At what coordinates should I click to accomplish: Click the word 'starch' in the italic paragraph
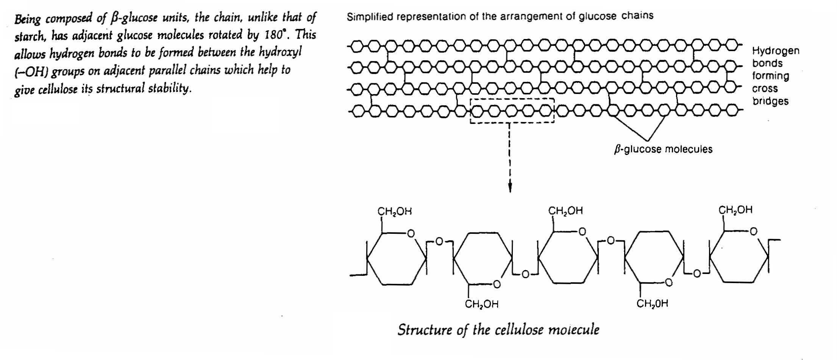pyautogui.click(x=29, y=37)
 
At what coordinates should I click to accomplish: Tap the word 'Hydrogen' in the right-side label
pyautogui.click(x=776, y=51)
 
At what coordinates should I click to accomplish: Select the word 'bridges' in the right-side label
pyautogui.click(x=770, y=101)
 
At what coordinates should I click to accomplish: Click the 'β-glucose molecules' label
pyautogui.click(x=663, y=149)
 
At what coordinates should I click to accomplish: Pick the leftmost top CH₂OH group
pyautogui.click(x=394, y=211)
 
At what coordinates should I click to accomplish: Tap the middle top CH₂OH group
pyautogui.click(x=565, y=211)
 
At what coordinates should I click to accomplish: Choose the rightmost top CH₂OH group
pyautogui.click(x=735, y=210)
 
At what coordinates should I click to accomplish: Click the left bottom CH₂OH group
pyautogui.click(x=481, y=304)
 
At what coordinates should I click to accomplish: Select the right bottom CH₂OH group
pyautogui.click(x=652, y=304)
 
